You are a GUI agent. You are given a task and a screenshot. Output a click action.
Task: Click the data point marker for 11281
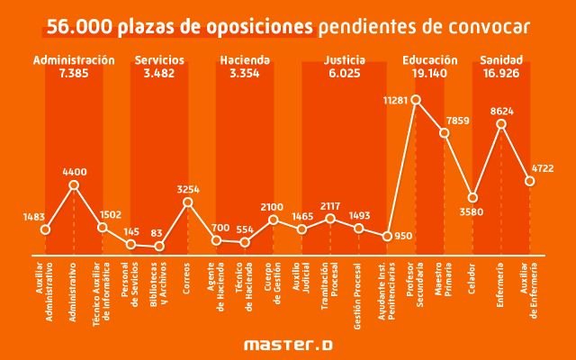point(416,100)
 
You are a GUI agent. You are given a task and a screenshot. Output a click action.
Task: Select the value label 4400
point(74,169)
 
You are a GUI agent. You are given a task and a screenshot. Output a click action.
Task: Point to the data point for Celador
point(473,198)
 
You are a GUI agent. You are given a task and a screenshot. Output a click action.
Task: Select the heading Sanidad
point(501,60)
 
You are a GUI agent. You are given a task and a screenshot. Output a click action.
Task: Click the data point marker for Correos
point(188,202)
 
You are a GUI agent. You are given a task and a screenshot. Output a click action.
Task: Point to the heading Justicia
point(344,60)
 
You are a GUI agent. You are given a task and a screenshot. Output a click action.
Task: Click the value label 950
point(403,235)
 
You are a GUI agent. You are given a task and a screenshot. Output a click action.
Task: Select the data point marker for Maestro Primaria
point(445,133)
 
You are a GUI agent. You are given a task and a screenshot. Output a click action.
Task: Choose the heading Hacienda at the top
point(245,60)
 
